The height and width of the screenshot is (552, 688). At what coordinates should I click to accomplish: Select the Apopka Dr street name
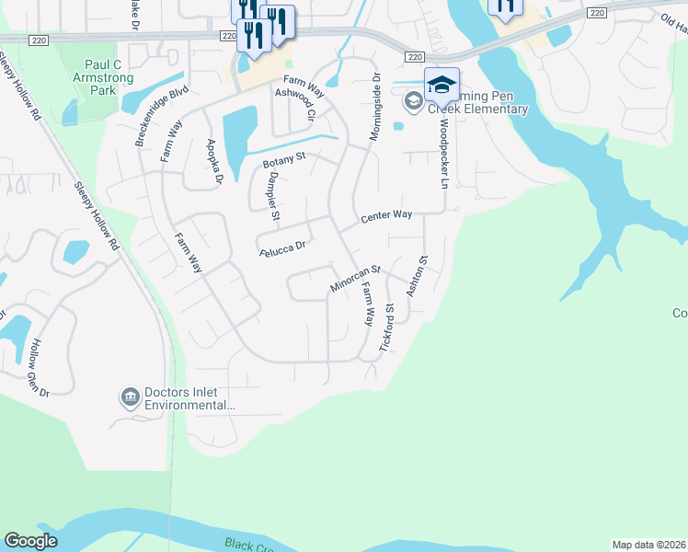click(x=216, y=161)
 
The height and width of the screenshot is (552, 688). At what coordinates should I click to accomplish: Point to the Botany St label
click(x=283, y=162)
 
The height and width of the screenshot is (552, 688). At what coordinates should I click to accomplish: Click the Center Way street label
click(x=386, y=216)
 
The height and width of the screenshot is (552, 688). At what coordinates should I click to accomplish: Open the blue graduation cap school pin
click(x=441, y=85)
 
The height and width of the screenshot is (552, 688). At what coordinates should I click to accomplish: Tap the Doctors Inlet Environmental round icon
click(x=130, y=397)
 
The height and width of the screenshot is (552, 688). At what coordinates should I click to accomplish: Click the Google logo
click(x=30, y=541)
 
